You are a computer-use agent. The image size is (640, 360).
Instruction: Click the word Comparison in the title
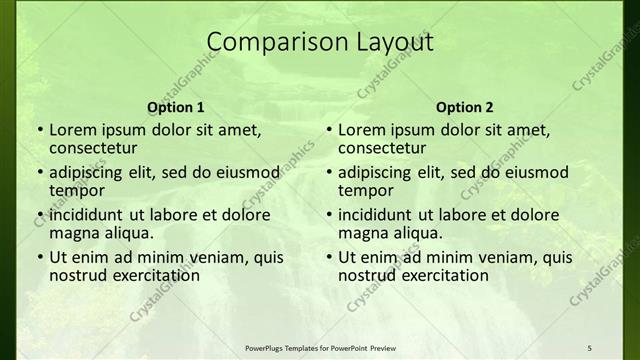[x=267, y=42]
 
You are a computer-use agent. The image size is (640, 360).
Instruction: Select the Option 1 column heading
[x=176, y=107]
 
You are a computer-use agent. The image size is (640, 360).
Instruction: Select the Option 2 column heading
[x=465, y=107]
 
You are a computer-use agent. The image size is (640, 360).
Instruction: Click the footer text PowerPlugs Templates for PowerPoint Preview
[x=320, y=346]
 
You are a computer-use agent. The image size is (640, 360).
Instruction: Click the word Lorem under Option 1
[x=74, y=130]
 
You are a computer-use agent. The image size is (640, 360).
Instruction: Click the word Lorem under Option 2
[x=363, y=130]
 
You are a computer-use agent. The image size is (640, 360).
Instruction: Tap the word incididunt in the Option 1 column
[x=87, y=215]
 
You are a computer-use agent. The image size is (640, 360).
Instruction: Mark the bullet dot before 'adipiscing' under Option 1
[x=39, y=173]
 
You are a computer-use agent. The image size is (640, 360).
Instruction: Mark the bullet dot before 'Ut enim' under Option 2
[x=328, y=258]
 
